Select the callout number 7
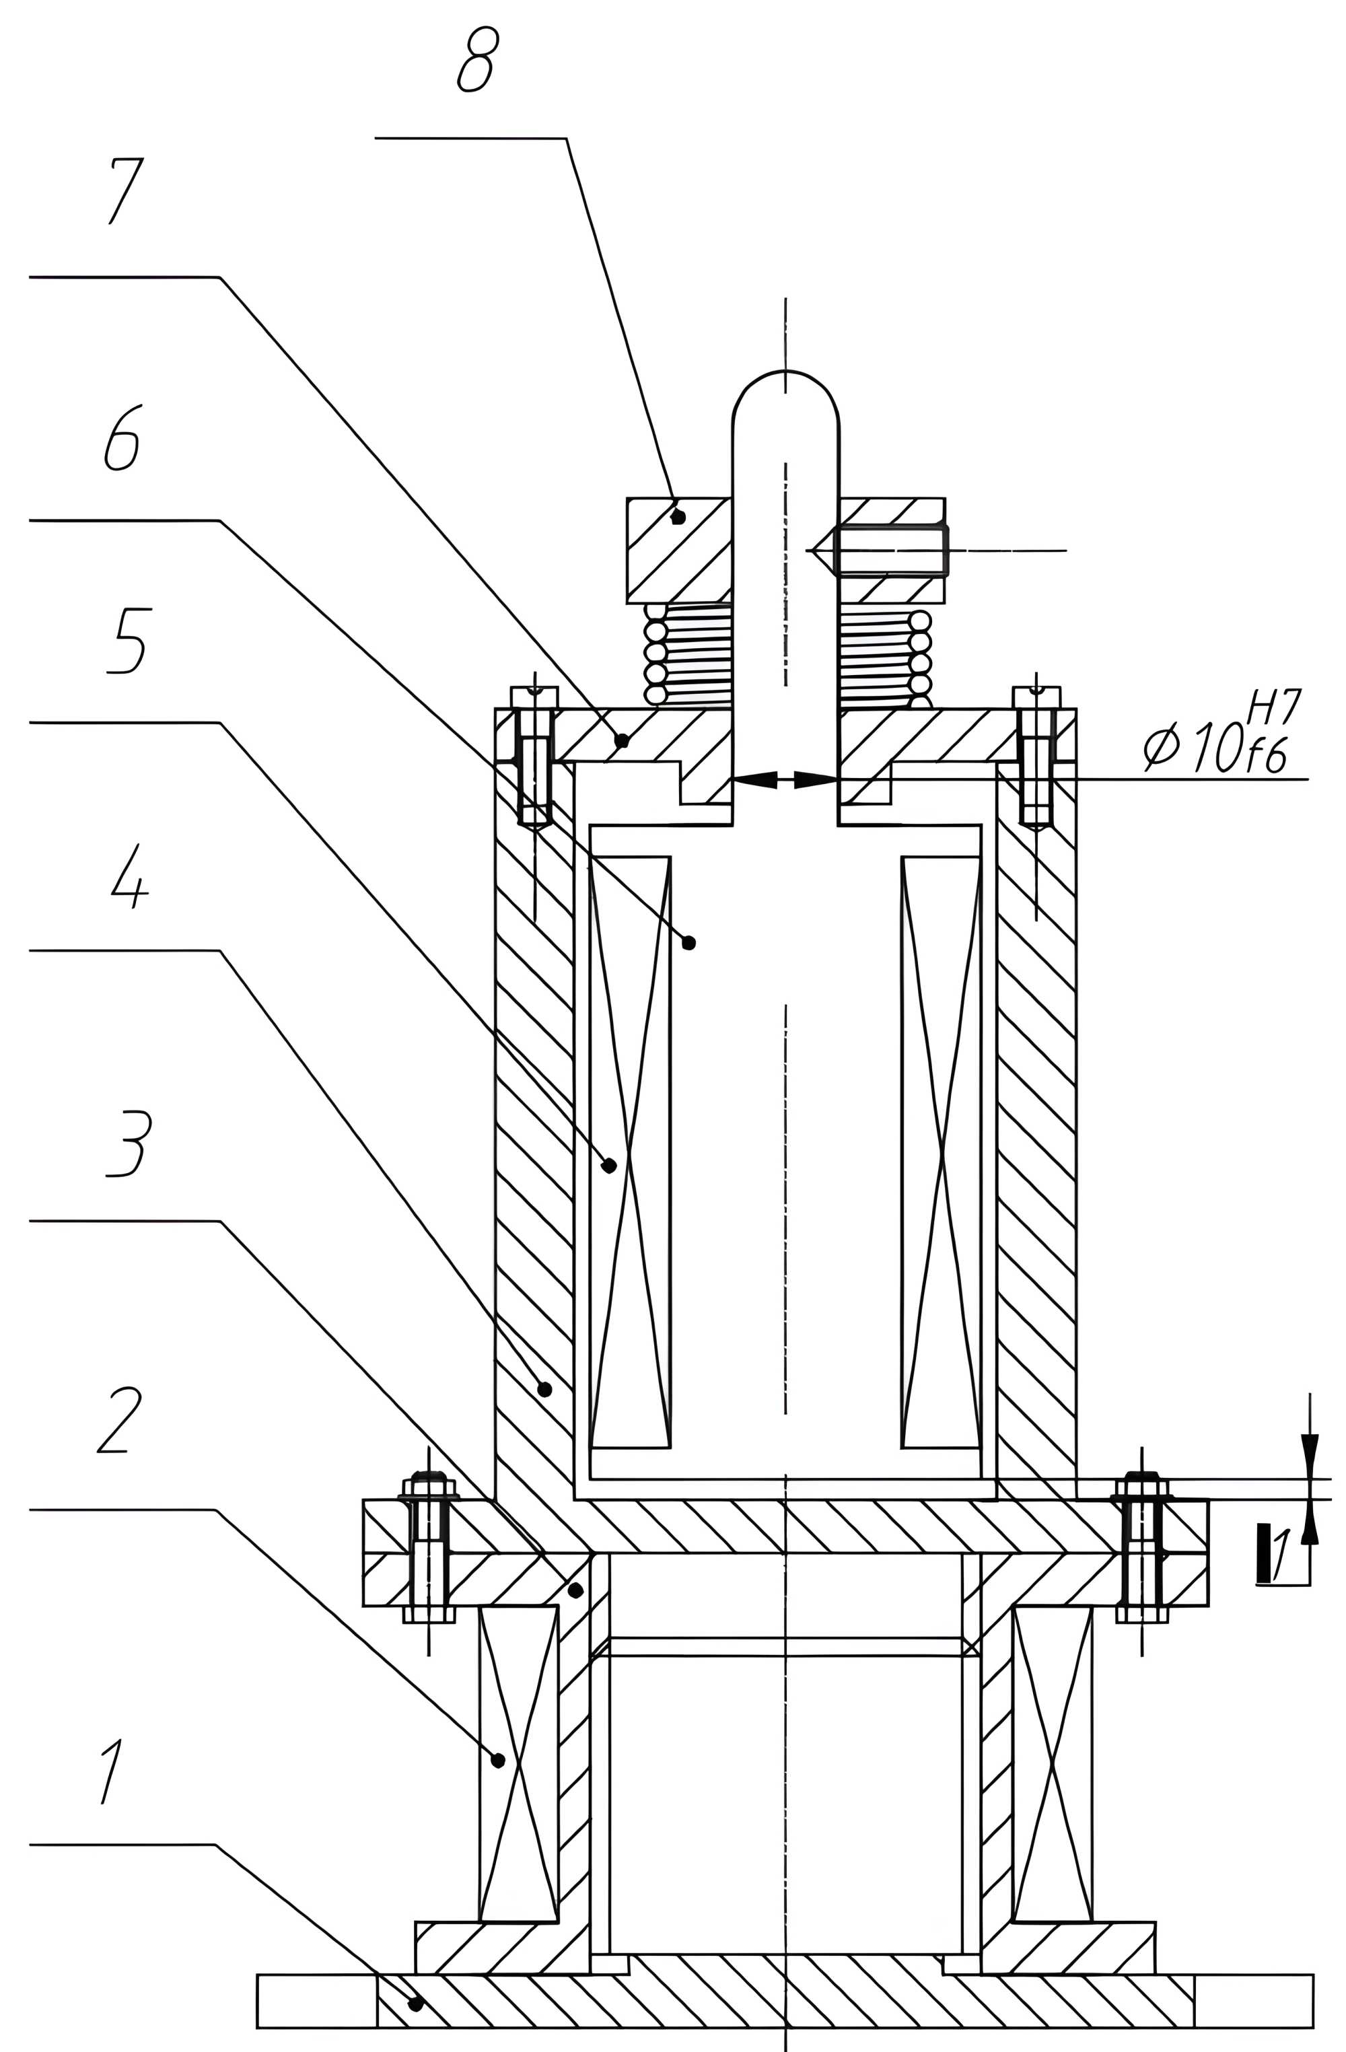point(125,191)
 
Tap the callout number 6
point(122,438)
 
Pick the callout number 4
point(129,876)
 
